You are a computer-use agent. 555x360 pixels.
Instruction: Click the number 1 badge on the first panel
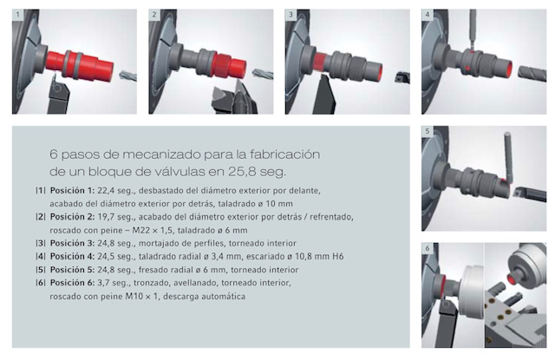click(17, 15)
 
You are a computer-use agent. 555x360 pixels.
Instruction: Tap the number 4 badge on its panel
click(428, 15)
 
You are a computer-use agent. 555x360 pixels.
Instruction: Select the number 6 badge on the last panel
click(428, 248)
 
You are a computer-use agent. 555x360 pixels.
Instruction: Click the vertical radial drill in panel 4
click(473, 28)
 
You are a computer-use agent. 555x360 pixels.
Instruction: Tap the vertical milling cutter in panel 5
click(509, 157)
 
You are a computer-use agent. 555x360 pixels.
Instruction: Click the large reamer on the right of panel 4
click(532, 74)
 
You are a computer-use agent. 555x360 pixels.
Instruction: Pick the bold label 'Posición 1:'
click(72, 191)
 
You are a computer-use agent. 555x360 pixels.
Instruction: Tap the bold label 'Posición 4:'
click(72, 256)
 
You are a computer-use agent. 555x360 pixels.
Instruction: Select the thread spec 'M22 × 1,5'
click(153, 230)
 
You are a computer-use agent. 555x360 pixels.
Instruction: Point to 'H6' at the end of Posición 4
click(337, 256)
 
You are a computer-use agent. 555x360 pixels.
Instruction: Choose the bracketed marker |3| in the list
click(41, 243)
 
